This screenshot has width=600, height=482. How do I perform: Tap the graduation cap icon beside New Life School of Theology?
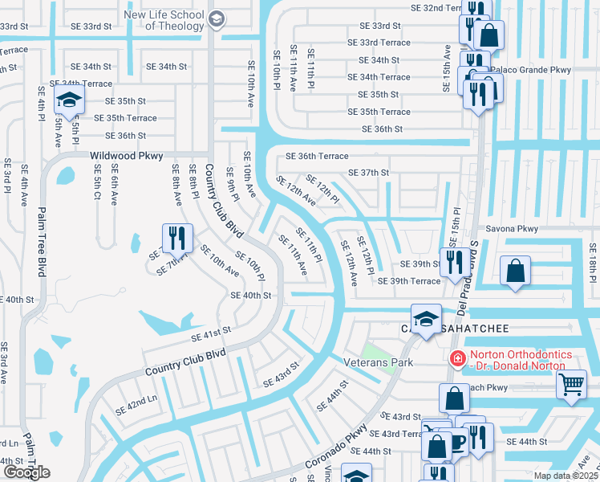(216, 18)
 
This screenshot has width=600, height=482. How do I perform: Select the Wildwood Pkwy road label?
(126, 156)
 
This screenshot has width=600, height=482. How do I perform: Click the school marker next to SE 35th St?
(70, 101)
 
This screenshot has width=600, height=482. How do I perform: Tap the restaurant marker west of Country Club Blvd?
(176, 239)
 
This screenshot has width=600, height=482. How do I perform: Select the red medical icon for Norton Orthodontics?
(457, 359)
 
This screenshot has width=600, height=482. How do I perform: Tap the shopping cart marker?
(570, 384)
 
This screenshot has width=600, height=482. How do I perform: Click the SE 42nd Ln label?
(136, 405)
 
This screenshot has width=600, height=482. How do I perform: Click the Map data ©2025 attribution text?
(566, 476)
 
